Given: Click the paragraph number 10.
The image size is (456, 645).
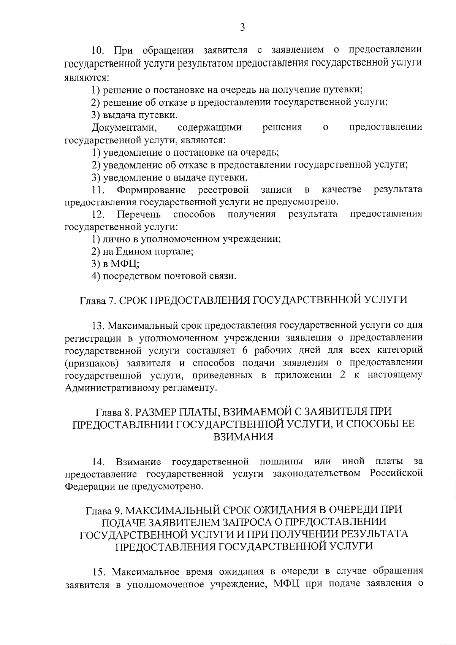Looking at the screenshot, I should [x=100, y=50].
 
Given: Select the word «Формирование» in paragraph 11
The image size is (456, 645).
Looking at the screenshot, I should [x=151, y=189].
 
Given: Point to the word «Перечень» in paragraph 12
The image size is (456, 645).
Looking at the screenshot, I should [x=139, y=214].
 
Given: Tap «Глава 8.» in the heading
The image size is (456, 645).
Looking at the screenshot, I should [x=113, y=412].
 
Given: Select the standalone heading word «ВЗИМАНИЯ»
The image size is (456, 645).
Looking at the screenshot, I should [x=243, y=437].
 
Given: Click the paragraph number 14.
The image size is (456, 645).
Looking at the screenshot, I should [x=98, y=462].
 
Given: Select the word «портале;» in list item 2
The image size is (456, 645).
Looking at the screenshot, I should [x=175, y=251].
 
